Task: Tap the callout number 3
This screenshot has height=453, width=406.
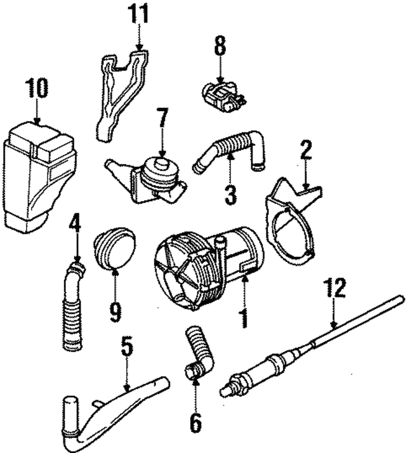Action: coord(230,194)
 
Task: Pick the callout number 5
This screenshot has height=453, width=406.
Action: coord(126,347)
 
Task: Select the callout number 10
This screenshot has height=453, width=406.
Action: coord(37,88)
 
